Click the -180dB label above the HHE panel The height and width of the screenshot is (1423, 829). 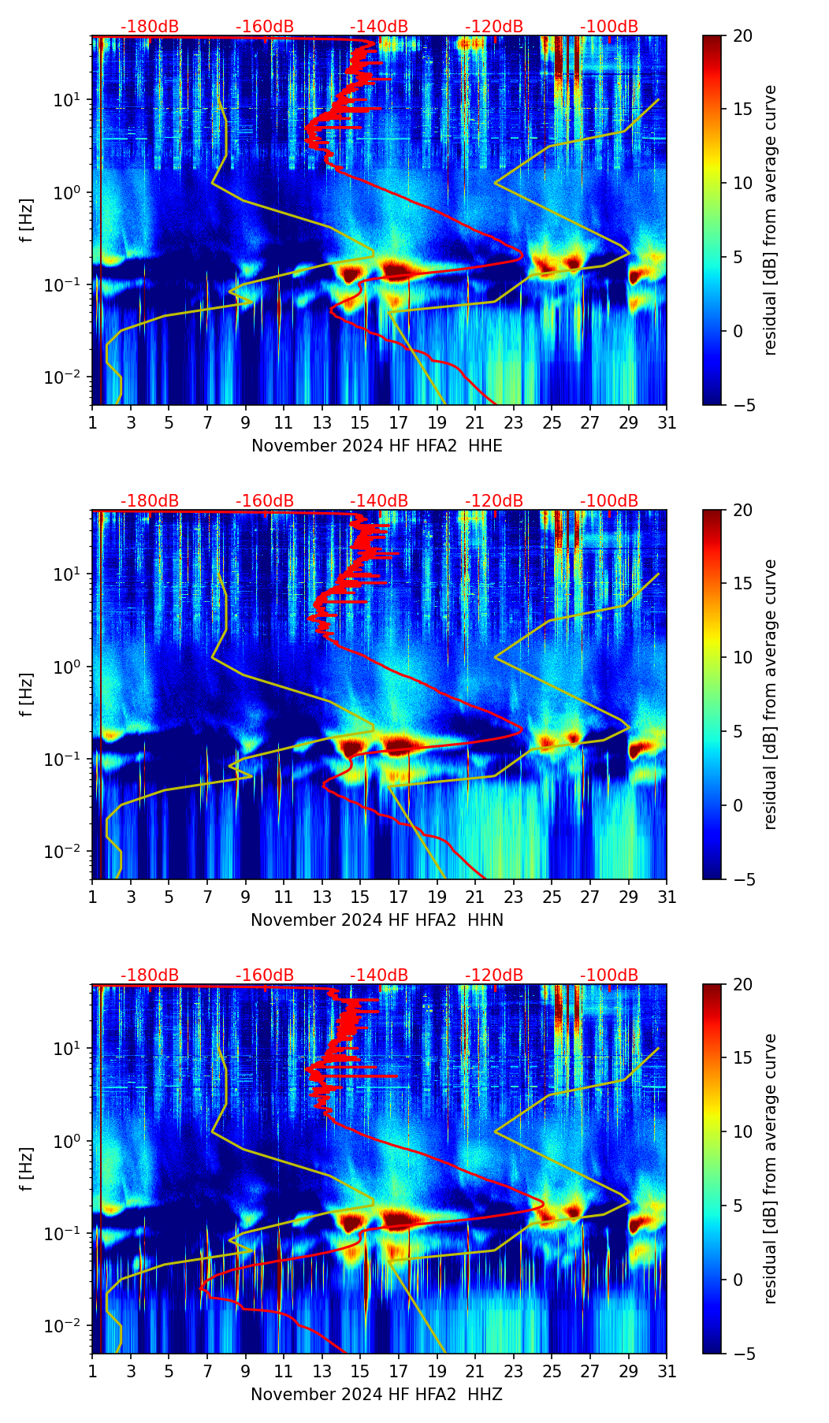click(150, 27)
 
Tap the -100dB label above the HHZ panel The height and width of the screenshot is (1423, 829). click(609, 975)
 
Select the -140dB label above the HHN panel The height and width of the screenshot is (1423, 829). click(379, 501)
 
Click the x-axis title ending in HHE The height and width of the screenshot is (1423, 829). click(377, 446)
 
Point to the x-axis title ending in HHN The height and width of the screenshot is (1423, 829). click(377, 920)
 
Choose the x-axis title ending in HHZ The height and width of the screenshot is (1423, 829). click(377, 1395)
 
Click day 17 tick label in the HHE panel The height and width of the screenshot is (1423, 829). click(398, 423)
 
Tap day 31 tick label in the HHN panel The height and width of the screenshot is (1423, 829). click(666, 897)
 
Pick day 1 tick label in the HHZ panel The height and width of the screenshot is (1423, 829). click(92, 1372)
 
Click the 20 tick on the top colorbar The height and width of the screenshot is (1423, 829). click(743, 35)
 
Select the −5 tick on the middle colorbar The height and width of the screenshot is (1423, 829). click(743, 879)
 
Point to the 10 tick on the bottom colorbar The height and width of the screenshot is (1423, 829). click(743, 1132)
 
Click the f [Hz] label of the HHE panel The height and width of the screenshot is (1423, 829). click(28, 220)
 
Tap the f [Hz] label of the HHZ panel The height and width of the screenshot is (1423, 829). click(28, 1168)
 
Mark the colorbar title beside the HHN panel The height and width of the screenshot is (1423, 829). click(770, 694)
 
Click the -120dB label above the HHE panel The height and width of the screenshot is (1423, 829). click(494, 27)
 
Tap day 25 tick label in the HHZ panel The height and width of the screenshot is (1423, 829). click(552, 1372)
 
